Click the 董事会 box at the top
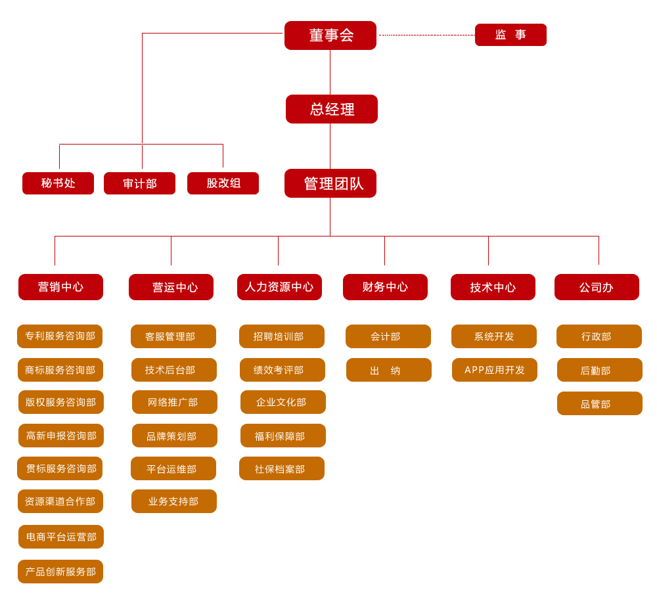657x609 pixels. coord(330,35)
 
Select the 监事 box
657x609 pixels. coord(510,35)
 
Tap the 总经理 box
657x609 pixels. coord(331,109)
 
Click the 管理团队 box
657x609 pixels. coord(330,183)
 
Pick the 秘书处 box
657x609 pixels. coord(58,183)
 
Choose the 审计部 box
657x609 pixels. coord(139,183)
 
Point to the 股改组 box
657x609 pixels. coord(223,183)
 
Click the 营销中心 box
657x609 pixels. coord(60,287)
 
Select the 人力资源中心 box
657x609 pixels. coord(279,287)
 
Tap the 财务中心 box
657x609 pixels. coord(385,287)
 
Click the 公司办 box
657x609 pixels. coord(597,287)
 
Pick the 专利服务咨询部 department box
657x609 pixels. coord(60,336)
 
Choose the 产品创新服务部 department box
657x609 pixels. coord(60,572)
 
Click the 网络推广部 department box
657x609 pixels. coord(174,402)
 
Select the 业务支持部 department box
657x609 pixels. coord(173,501)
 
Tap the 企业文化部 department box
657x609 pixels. coord(283,402)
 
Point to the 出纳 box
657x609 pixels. coord(388,370)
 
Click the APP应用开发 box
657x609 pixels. coord(494,370)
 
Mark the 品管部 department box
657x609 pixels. coord(599,403)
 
